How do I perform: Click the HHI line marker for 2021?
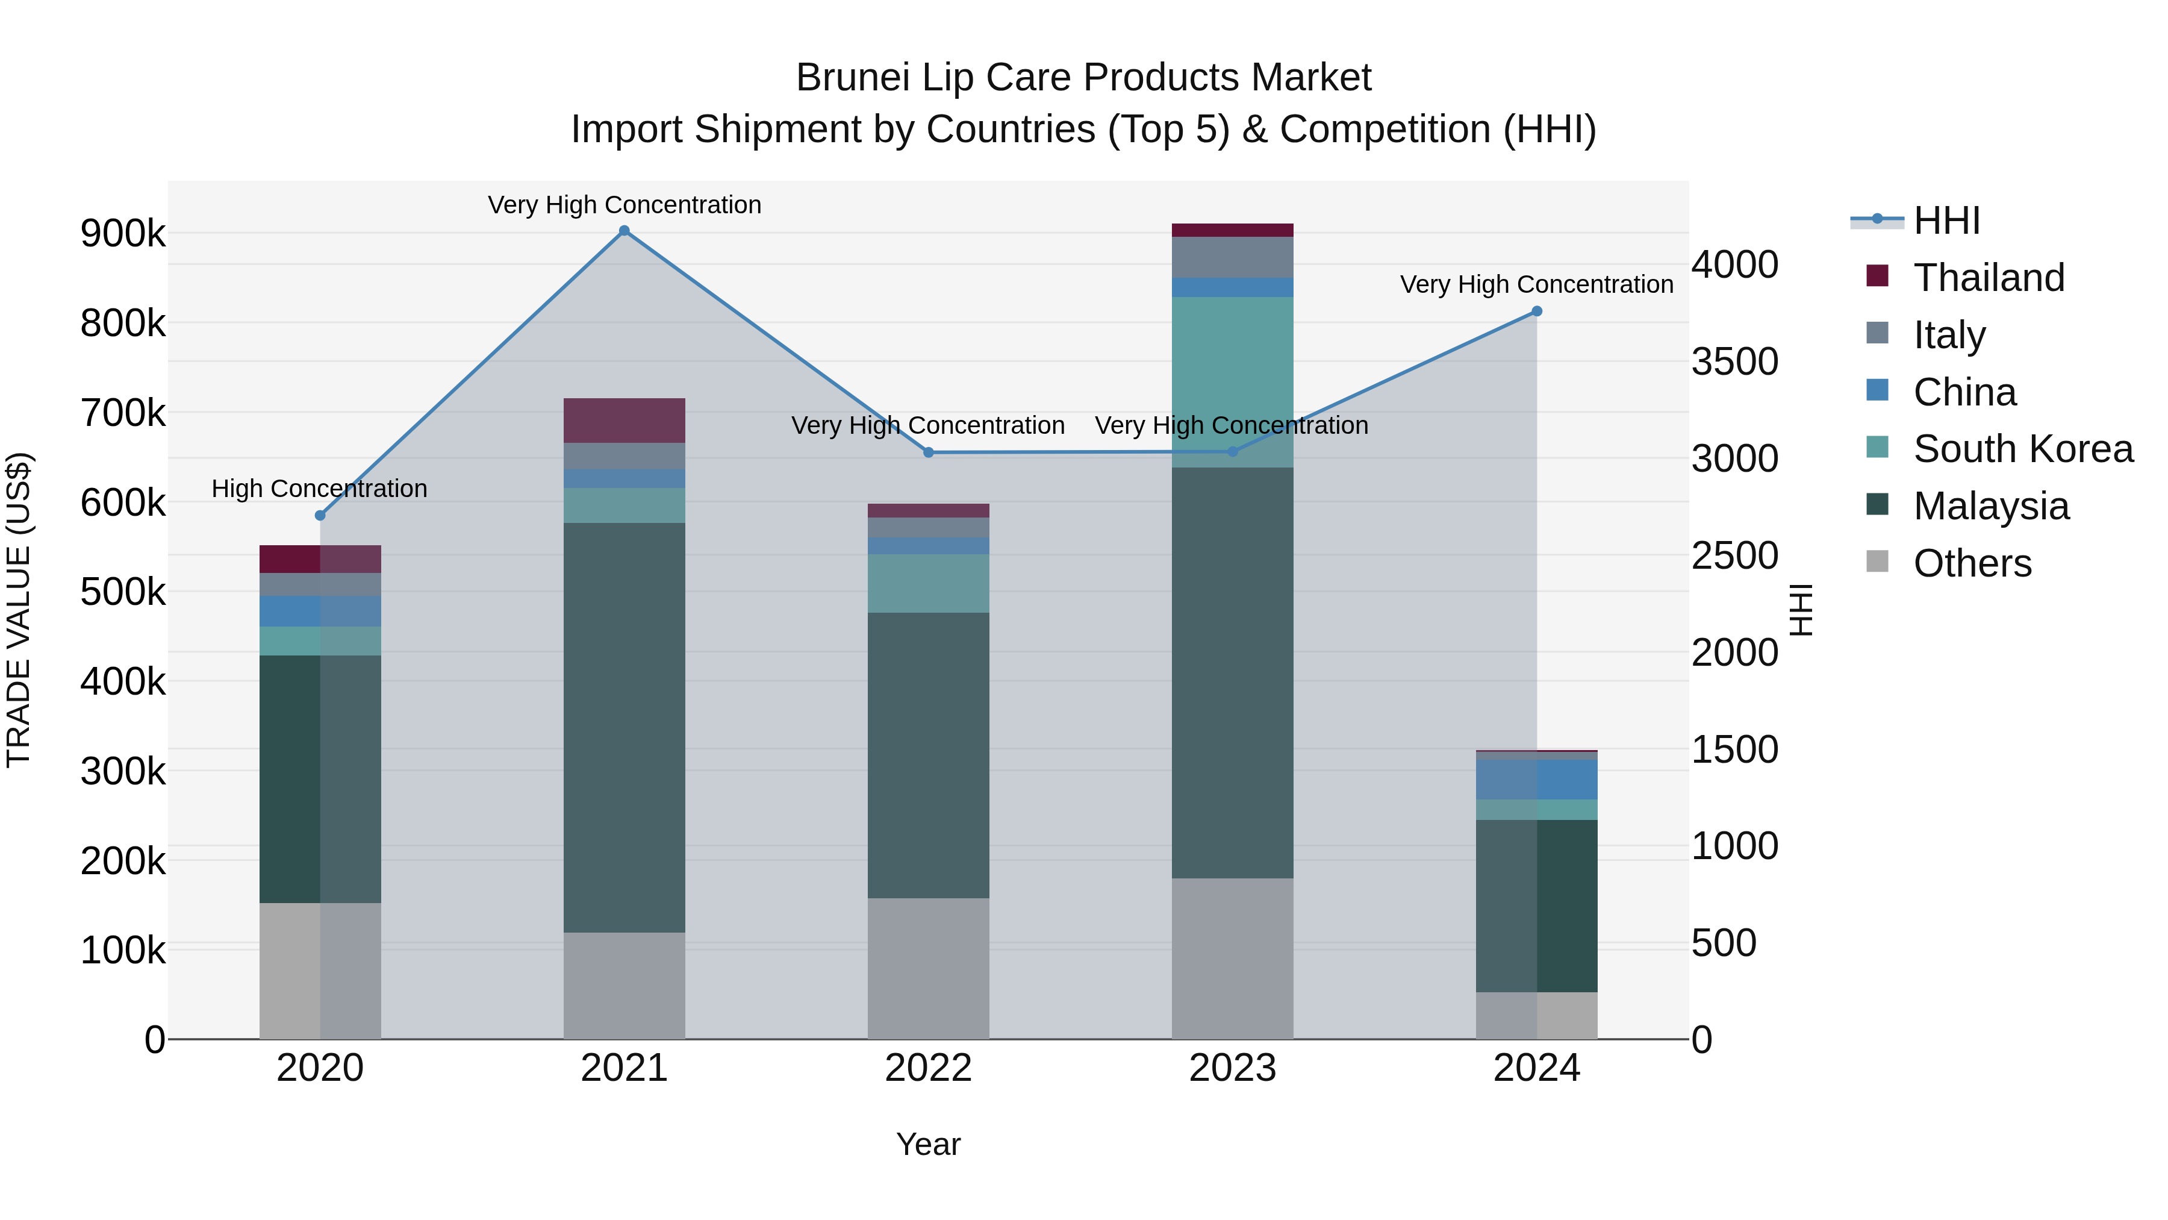coord(624,231)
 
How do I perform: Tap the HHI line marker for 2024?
coord(1536,311)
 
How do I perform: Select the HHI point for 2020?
coord(320,515)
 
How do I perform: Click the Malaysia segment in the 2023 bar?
coord(1232,674)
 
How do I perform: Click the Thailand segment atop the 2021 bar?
coord(624,420)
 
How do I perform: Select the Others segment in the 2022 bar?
coord(928,968)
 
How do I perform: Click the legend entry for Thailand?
coord(1989,277)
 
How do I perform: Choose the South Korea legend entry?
coord(2022,448)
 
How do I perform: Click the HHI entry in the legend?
coord(1946,221)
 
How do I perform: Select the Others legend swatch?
coord(1877,562)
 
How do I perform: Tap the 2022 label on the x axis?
coord(928,1068)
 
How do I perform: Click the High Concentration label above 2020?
coord(319,489)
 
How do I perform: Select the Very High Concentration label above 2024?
coord(1536,284)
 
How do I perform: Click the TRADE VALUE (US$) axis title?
coord(19,610)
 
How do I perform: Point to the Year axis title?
coord(927,1144)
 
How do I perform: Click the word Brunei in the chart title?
coord(852,78)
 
